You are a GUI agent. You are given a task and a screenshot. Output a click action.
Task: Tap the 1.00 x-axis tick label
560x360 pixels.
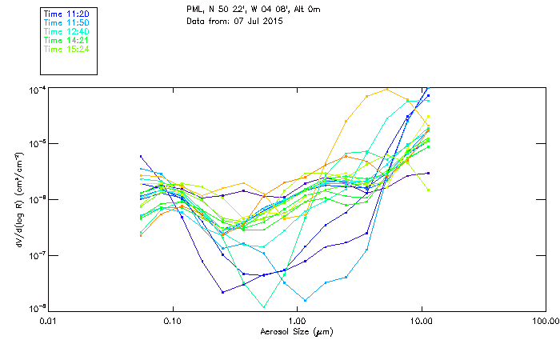pos(297,322)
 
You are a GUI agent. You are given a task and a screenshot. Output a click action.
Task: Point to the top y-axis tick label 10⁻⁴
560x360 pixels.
pos(38,89)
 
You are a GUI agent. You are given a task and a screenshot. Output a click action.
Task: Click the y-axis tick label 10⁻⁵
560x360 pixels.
pos(38,144)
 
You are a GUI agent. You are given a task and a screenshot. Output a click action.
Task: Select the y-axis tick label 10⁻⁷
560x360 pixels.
pos(38,254)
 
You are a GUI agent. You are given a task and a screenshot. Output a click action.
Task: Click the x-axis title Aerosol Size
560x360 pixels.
pos(296,331)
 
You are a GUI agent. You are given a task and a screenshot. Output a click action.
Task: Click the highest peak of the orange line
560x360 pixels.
pos(387,89)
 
